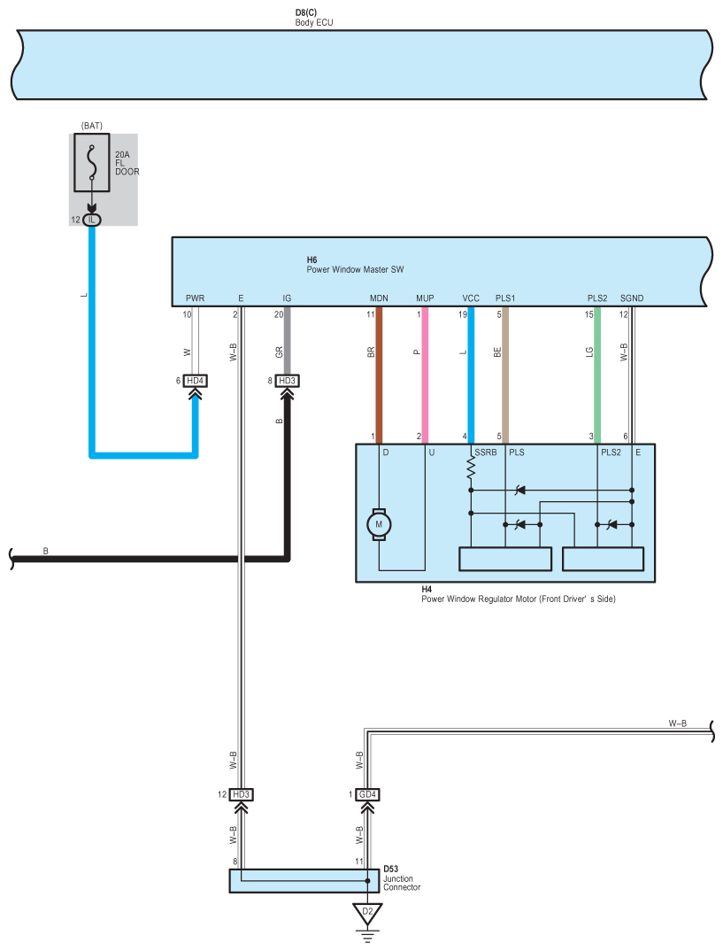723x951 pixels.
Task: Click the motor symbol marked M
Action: [379, 524]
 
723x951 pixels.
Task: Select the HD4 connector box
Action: [195, 381]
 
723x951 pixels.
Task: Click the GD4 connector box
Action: [367, 794]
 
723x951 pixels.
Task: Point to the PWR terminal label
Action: [195, 298]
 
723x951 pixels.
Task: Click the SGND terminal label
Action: [632, 298]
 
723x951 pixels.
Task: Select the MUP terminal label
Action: [425, 298]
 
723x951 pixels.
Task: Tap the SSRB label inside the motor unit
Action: [486, 452]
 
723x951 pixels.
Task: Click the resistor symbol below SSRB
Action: [471, 469]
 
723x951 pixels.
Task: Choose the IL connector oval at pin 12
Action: [92, 219]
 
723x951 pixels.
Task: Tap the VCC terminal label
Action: [471, 298]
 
